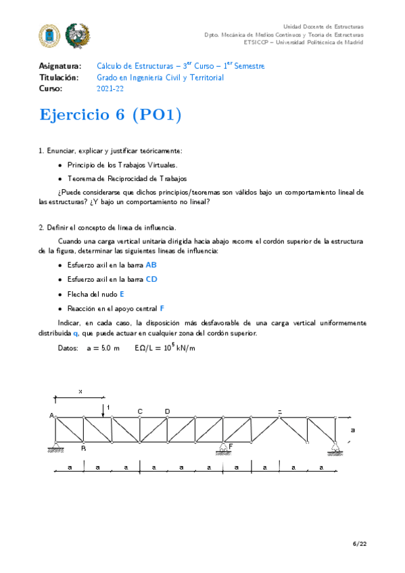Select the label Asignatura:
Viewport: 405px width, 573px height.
coord(62,66)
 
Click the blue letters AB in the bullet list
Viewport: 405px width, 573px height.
coord(151,265)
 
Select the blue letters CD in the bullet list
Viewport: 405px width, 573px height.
coord(151,279)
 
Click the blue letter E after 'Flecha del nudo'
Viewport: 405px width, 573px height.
coord(122,294)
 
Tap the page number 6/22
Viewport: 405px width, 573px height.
coord(359,544)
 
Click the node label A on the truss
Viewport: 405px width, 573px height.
coord(52,416)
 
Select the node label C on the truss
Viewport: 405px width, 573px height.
coord(140,411)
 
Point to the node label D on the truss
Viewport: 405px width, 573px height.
coord(167,411)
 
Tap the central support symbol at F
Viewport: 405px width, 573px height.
coord(223,448)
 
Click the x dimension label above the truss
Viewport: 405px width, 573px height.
coord(80,391)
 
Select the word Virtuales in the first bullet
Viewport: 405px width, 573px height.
coord(158,165)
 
